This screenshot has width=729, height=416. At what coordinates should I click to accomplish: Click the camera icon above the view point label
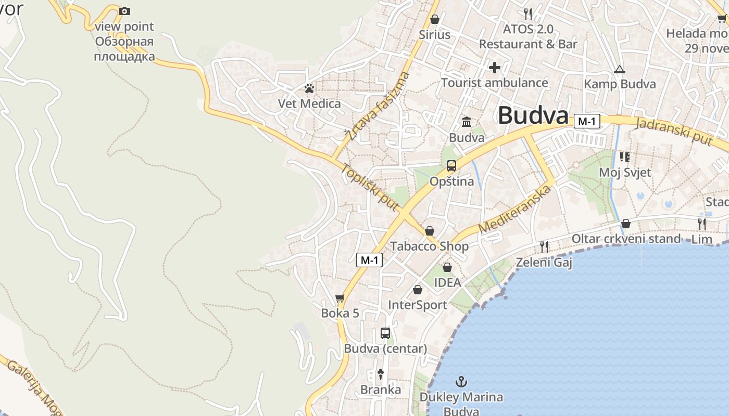point(124,11)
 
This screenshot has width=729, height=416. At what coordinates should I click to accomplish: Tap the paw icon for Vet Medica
point(309,88)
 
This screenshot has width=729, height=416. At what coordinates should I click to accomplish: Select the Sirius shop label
point(434,34)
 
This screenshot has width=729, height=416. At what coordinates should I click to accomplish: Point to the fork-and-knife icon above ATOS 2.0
point(528,13)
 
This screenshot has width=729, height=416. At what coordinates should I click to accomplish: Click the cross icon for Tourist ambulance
point(494,68)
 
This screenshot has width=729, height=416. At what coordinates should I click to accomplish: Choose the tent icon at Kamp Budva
point(619,69)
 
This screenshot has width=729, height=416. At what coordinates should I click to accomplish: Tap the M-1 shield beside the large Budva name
point(587,122)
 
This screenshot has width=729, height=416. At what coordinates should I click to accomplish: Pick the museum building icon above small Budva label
point(467,122)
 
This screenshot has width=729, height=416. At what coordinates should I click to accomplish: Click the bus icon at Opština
point(451,166)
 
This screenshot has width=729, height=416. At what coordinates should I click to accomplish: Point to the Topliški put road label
point(370,187)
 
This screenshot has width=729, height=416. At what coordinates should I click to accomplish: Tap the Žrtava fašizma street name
point(378,107)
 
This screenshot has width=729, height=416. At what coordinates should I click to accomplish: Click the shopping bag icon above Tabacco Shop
point(430,231)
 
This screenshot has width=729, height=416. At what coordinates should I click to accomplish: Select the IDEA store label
point(447,282)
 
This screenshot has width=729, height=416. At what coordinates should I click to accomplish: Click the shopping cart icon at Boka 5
point(340,298)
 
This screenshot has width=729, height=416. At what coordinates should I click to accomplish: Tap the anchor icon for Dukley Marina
point(461,382)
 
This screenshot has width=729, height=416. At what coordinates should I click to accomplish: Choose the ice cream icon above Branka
point(381,373)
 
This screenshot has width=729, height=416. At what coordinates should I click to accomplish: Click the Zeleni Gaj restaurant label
point(544,263)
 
